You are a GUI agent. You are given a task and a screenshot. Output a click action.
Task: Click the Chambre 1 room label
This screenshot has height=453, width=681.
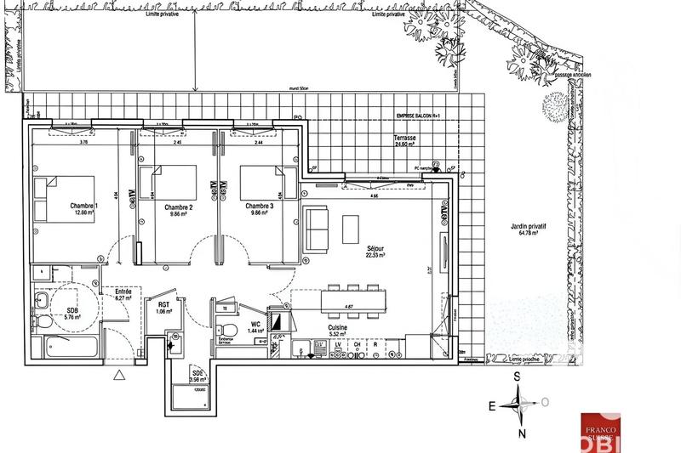point(84,207)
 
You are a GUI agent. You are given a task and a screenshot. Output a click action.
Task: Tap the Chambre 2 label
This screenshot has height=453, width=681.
point(179,207)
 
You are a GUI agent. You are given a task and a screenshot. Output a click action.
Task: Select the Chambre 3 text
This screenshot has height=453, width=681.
point(260,207)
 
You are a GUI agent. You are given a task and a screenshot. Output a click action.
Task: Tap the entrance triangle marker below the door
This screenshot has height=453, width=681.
point(119,374)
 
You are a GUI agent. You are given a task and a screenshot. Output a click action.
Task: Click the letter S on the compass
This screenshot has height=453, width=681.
point(516,377)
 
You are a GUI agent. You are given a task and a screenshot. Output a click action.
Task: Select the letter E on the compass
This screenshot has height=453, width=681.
point(491,406)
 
